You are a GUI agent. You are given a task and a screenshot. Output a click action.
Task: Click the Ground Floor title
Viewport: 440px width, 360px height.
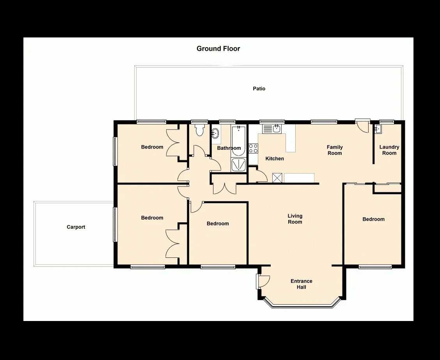click(x=218, y=49)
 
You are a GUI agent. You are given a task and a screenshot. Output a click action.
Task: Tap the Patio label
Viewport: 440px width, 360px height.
click(x=259, y=89)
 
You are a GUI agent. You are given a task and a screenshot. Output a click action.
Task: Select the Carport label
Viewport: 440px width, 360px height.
click(x=76, y=227)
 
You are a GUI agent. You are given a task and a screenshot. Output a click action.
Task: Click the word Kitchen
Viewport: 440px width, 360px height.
click(x=275, y=159)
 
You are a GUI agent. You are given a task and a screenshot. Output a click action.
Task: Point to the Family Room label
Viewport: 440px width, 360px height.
click(x=335, y=150)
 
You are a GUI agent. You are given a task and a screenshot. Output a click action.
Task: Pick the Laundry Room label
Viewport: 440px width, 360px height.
click(x=389, y=150)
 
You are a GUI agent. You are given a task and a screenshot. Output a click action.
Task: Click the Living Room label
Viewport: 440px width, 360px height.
click(x=295, y=219)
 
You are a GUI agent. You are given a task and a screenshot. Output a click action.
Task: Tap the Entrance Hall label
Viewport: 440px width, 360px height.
click(x=301, y=284)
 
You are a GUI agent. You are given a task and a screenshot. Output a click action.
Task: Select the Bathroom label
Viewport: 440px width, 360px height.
click(x=229, y=148)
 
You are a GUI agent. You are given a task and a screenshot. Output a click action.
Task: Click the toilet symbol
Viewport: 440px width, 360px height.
click(x=200, y=130)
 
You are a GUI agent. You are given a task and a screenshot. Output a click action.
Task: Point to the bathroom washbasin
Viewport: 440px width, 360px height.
click(x=215, y=134)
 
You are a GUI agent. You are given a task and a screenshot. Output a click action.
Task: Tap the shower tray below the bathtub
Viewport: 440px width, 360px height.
click(x=238, y=165)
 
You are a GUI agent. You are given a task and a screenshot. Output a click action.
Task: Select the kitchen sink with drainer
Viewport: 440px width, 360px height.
click(x=271, y=129)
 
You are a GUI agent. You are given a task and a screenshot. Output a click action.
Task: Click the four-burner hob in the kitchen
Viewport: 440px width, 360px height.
click(x=253, y=148)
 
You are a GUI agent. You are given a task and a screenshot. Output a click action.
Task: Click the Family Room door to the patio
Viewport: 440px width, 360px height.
click(x=363, y=126)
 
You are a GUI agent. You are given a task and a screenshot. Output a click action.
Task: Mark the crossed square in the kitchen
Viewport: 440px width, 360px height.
click(x=277, y=178)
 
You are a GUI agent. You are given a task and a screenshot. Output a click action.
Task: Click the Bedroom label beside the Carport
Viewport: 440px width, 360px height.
click(x=152, y=218)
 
